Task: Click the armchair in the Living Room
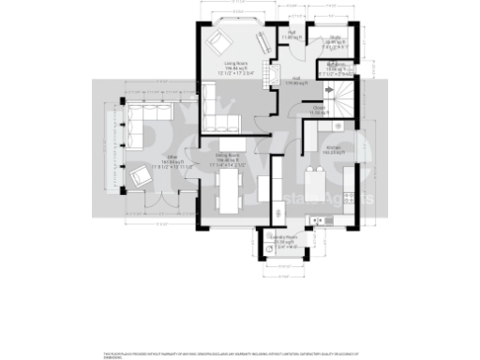tap(218, 42)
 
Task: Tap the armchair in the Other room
tap(141, 175)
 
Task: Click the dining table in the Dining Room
tap(229, 194)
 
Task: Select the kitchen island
tap(319, 181)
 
